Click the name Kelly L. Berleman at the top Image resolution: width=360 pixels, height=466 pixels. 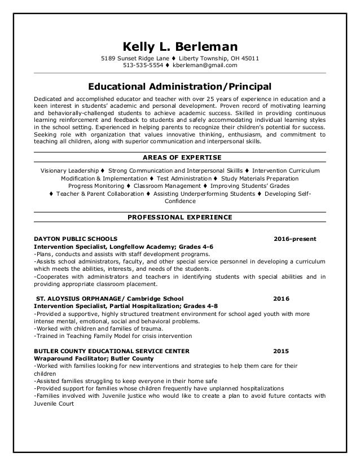[x=180, y=46]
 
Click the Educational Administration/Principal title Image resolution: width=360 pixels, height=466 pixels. [x=180, y=87]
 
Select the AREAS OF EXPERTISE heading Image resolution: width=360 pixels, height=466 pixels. [x=180, y=157]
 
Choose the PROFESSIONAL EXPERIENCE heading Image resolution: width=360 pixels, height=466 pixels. [x=180, y=217]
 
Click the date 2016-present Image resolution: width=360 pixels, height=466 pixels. [x=295, y=239]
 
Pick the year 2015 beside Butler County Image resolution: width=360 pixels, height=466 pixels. [x=280, y=350]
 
